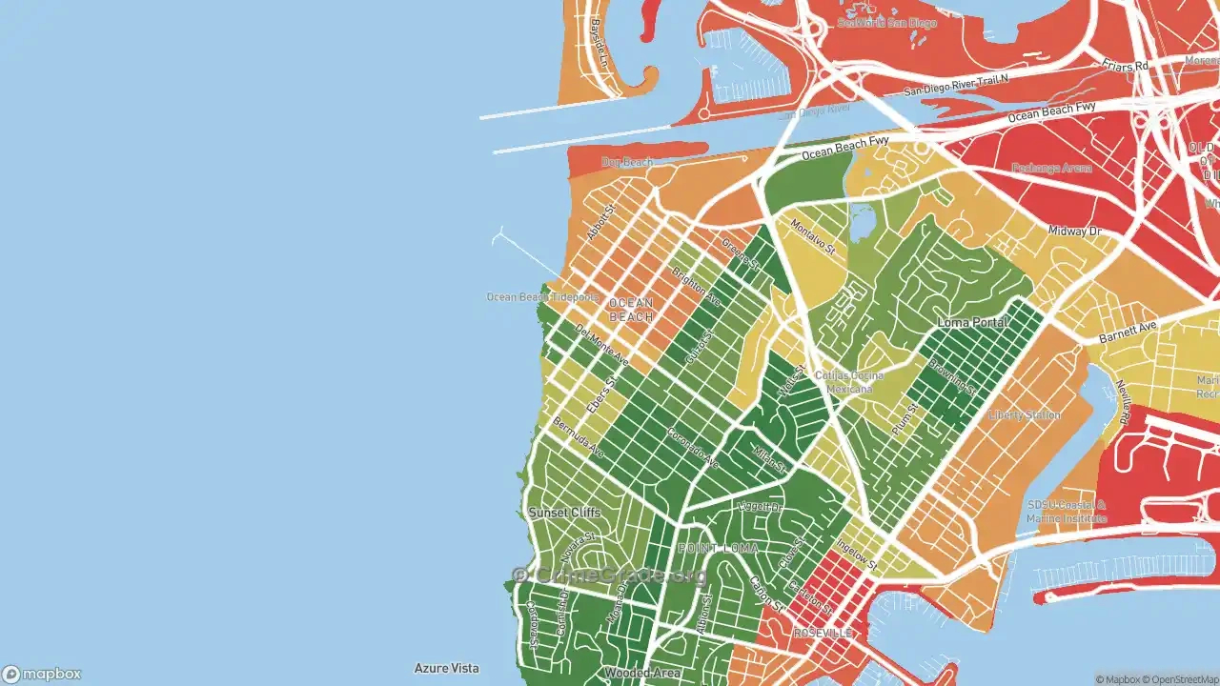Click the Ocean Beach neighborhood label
(631, 310)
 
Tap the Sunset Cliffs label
(564, 513)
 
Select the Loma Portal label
(972, 323)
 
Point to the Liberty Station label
(1025, 415)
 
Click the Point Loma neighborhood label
(718, 549)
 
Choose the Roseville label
(823, 634)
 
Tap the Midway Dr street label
(1074, 232)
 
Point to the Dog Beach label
(627, 162)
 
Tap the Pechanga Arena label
(1051, 169)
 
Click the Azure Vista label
(446, 669)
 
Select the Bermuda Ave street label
(578, 436)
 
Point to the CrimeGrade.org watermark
(610, 575)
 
